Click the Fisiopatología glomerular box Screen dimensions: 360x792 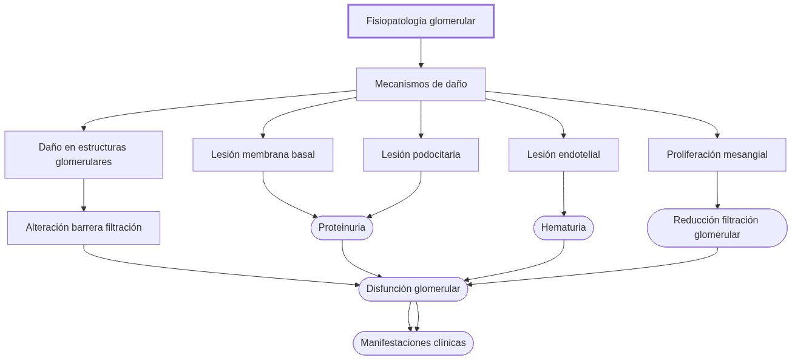[421, 21]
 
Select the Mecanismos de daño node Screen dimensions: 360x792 [421, 84]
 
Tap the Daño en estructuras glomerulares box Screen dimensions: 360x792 [84, 155]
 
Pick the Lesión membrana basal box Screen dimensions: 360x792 [263, 155]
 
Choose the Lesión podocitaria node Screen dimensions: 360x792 [421, 155]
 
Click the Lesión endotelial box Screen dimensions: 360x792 [563, 155]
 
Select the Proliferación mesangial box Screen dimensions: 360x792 [717, 155]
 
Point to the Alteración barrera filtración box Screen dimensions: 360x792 [84, 228]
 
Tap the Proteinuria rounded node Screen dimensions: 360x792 [342, 228]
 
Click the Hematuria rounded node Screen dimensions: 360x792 [563, 228]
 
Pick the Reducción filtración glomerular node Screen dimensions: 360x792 [717, 228]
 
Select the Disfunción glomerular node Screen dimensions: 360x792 [413, 289]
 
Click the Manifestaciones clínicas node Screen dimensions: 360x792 [413, 343]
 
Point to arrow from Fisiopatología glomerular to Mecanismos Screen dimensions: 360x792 [421, 53]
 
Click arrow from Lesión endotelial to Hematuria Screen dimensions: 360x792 [564, 193]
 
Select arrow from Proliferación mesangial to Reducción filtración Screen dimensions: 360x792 [717, 189]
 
